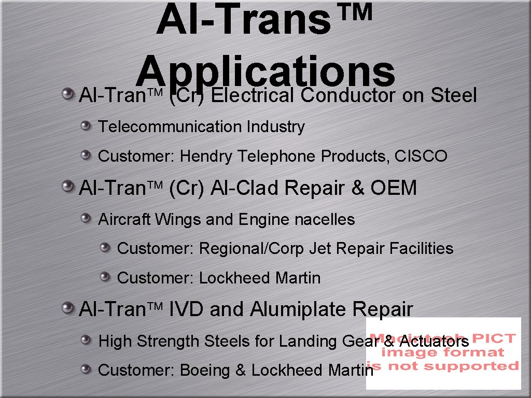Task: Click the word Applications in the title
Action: click(267, 74)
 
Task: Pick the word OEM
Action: click(394, 188)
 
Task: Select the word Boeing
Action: click(205, 371)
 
